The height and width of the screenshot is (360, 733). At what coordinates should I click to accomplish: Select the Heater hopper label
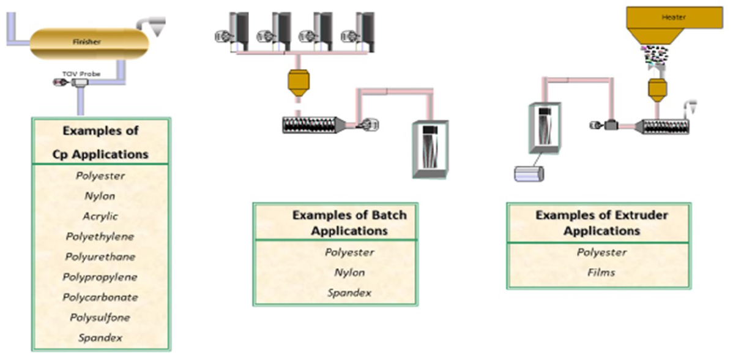pyautogui.click(x=674, y=17)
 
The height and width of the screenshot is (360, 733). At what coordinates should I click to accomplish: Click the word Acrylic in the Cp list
pyautogui.click(x=100, y=216)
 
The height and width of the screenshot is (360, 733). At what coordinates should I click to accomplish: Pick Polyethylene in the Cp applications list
pyautogui.click(x=100, y=236)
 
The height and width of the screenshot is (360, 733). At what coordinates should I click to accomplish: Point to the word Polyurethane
pyautogui.click(x=100, y=257)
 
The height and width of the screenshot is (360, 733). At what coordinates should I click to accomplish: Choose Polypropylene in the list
pyautogui.click(x=100, y=277)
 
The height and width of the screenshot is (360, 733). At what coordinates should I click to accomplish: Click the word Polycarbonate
pyautogui.click(x=100, y=297)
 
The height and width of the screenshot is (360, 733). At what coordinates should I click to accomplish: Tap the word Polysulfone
pyautogui.click(x=100, y=317)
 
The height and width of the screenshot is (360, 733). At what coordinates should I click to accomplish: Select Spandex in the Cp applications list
pyautogui.click(x=100, y=337)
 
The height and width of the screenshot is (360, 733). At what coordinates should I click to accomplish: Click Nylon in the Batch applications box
pyautogui.click(x=349, y=272)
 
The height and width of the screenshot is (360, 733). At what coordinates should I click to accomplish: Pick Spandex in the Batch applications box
pyautogui.click(x=349, y=293)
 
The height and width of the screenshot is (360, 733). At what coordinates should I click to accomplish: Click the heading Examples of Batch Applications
pyautogui.click(x=349, y=223)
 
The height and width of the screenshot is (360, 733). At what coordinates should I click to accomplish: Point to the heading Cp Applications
pyautogui.click(x=101, y=154)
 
